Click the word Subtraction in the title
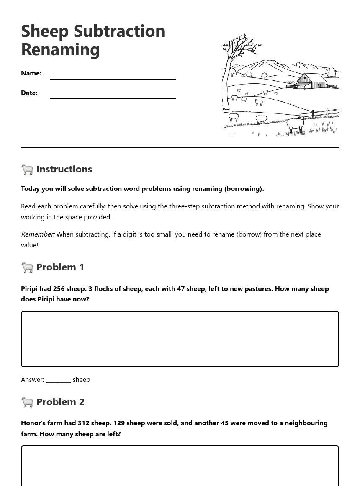point(119,31)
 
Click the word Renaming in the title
point(60,49)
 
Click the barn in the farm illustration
point(311,80)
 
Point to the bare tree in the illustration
point(234,63)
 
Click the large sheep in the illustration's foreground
point(295,124)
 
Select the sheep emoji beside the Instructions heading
point(27,169)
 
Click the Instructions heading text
point(64,169)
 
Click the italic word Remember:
point(38,234)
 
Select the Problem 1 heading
point(60,267)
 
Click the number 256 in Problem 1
point(59,289)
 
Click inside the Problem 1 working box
point(180,339)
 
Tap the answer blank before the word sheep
point(58,380)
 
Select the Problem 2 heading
point(60,402)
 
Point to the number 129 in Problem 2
point(119,423)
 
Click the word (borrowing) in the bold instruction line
point(244,189)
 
